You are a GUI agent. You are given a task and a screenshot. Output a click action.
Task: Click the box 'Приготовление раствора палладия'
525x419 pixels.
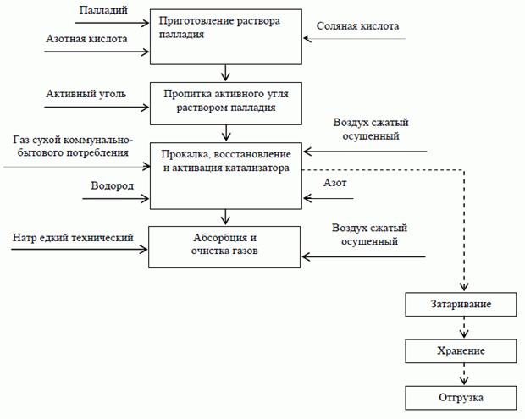224,36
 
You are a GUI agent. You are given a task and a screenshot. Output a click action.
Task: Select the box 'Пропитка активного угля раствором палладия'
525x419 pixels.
224,101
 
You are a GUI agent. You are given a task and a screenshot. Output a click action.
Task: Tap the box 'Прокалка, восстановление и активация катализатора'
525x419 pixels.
224,175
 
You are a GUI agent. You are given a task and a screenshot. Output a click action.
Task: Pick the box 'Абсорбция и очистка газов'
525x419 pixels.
224,245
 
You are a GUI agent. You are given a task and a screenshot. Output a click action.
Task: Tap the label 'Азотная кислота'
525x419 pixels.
87,39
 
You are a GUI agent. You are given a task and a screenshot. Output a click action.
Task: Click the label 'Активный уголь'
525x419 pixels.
86,93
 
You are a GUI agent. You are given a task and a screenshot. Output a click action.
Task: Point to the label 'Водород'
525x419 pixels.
113,185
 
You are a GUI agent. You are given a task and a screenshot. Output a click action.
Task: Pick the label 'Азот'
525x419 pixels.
336,183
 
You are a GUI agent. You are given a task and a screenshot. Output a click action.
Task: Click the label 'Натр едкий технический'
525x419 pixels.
74,239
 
